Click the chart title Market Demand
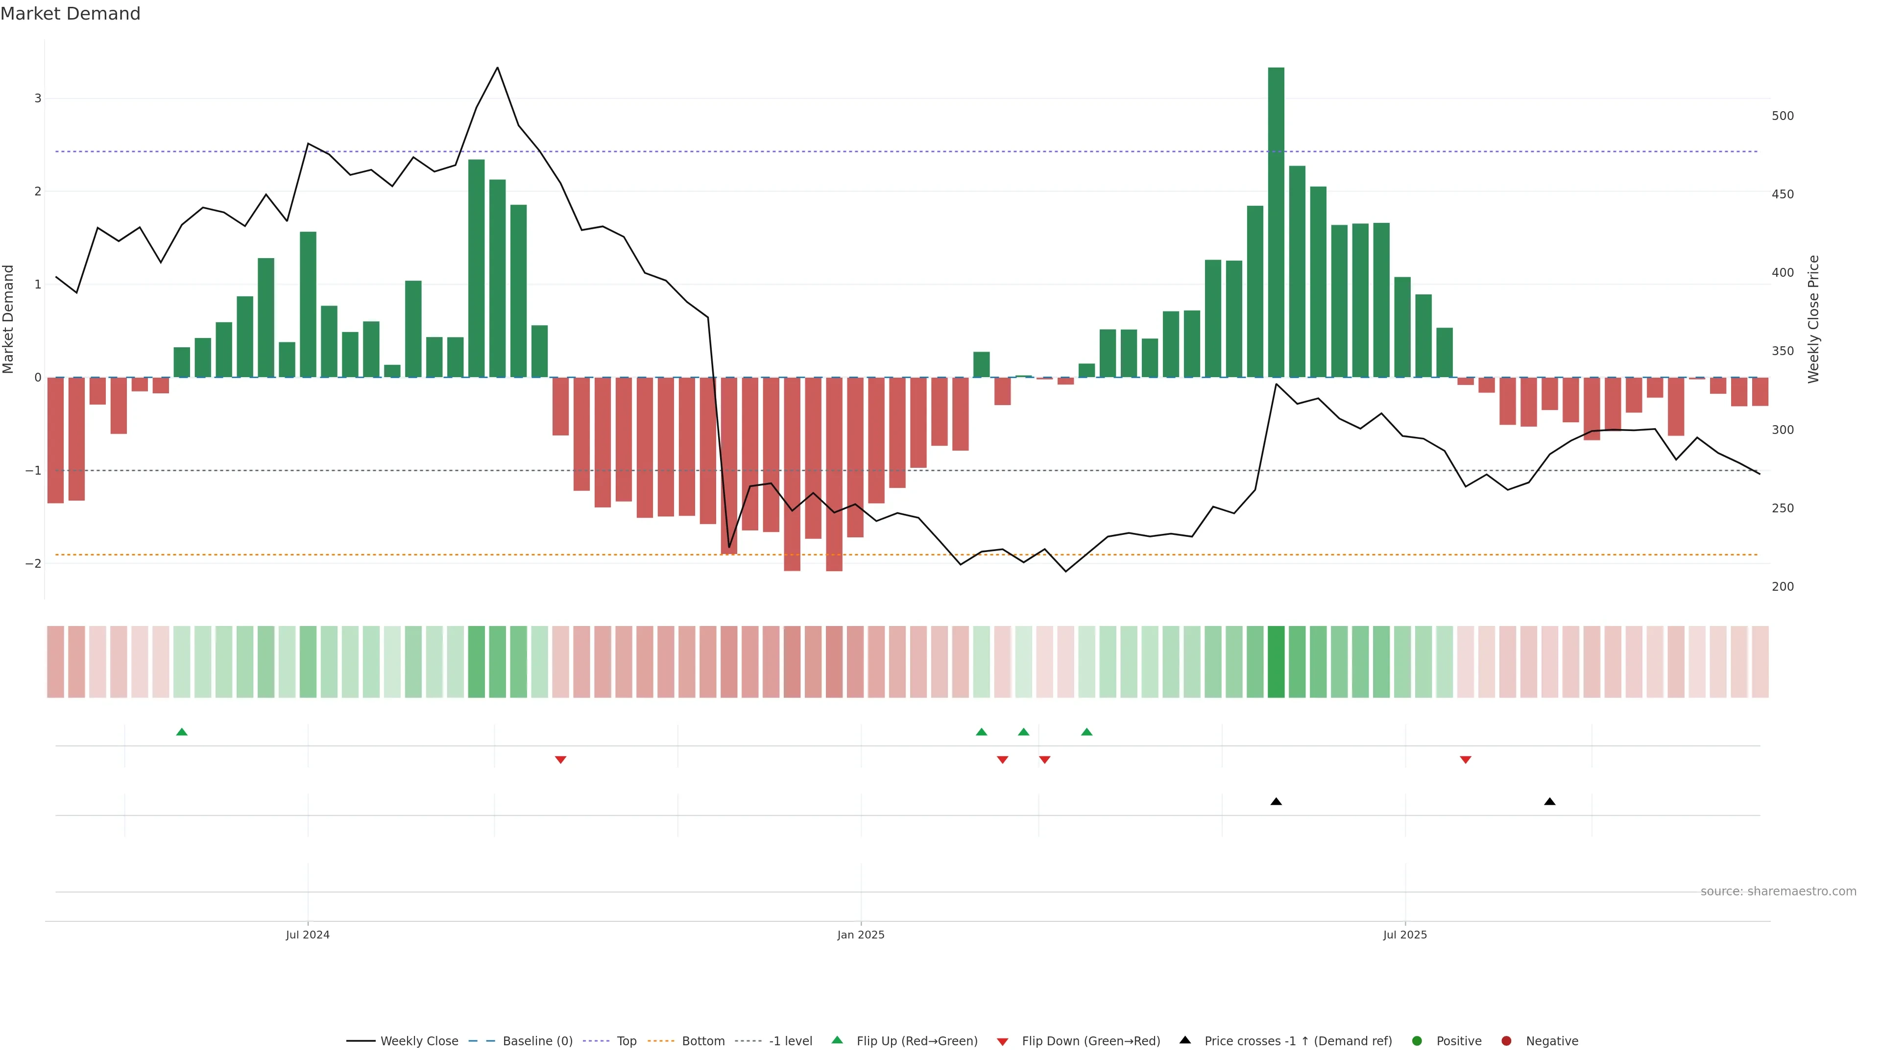(x=70, y=14)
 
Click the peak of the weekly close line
(x=497, y=68)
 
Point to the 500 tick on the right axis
(x=1783, y=116)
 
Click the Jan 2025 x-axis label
(x=861, y=935)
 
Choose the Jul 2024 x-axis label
(x=308, y=935)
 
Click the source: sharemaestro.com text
(x=1778, y=891)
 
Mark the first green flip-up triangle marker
(x=182, y=732)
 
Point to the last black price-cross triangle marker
(x=1549, y=802)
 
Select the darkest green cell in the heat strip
(x=1276, y=662)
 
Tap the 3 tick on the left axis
(x=37, y=98)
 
